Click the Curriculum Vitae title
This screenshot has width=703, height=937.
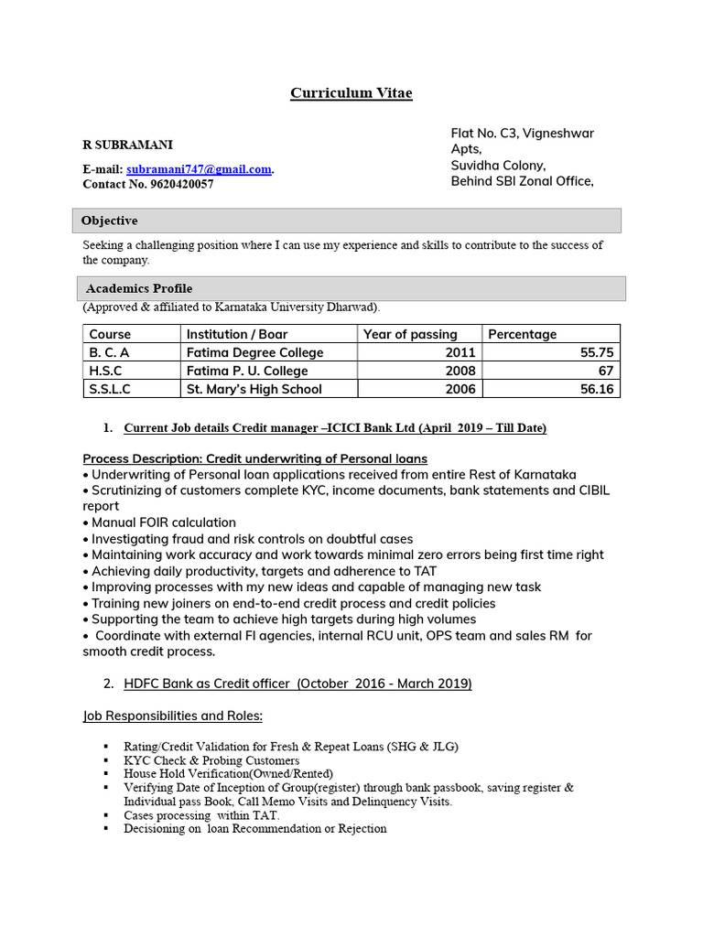click(351, 93)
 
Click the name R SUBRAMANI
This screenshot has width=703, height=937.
click(127, 145)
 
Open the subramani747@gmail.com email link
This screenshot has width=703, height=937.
click(199, 169)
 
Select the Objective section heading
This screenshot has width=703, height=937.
click(109, 221)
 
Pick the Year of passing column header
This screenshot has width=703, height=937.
click(410, 334)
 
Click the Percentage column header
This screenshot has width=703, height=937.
click(522, 334)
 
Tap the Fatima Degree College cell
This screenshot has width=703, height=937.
click(254, 352)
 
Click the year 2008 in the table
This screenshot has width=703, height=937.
click(460, 371)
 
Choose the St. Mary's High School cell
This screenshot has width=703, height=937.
click(254, 389)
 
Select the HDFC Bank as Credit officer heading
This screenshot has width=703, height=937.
click(297, 684)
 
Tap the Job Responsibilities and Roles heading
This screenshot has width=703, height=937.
click(173, 716)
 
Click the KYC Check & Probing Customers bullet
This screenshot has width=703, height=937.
click(211, 760)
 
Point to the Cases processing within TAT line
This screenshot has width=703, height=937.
click(201, 815)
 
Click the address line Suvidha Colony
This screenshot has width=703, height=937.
click(498, 166)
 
